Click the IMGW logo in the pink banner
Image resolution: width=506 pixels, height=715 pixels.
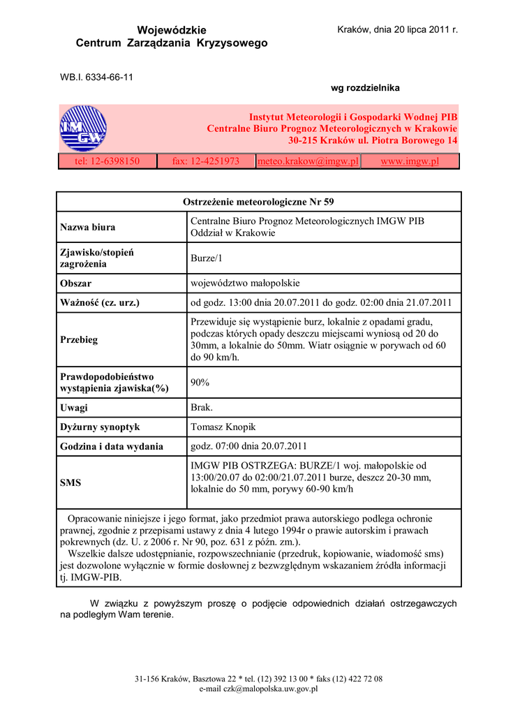coord(82,128)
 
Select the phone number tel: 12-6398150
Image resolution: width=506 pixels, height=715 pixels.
coord(107,161)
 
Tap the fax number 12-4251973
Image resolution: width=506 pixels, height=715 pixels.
coord(206,161)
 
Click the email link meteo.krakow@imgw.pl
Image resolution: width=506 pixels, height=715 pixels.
coord(308,161)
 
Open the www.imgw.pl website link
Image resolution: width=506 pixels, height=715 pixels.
coord(409,161)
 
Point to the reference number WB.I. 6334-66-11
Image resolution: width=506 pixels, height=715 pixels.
coord(96,77)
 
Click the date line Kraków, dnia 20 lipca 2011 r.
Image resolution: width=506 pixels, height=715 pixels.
coord(397,30)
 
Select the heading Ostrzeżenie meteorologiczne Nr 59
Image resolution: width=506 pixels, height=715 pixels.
coord(258,202)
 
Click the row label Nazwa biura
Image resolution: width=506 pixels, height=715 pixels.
coord(88,227)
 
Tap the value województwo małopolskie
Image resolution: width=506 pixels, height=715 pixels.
coord(245,283)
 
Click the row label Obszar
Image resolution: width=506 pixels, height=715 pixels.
coord(76,283)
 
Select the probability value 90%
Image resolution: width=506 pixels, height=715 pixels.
coord(200,383)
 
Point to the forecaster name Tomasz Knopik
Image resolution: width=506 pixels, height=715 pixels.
coord(223,427)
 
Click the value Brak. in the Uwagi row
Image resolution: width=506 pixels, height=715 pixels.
coord(202,408)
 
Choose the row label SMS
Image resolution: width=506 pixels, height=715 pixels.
coord(70,482)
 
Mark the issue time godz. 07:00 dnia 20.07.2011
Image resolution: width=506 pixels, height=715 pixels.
coord(248,446)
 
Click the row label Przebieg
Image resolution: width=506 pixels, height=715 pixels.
coord(79,339)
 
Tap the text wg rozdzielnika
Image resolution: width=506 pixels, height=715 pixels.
coord(365,88)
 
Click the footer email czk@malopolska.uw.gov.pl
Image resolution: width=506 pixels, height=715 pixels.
coord(258,688)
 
